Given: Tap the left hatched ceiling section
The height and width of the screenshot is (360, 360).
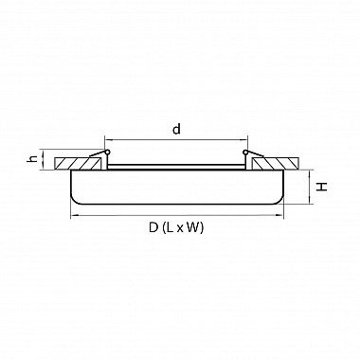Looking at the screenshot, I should pos(81,161).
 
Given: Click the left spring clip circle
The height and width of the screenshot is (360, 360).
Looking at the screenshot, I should pos(107,153).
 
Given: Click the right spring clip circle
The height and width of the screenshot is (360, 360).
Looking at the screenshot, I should pos(245,153).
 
